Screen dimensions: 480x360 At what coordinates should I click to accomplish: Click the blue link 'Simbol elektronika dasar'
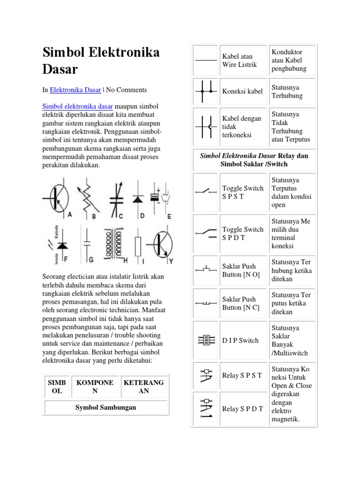(77, 106)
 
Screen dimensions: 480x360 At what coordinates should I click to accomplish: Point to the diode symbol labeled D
(137, 198)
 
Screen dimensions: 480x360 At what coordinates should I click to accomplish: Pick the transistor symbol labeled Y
(161, 243)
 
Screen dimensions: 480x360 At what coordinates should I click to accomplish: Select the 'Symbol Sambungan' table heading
(106, 407)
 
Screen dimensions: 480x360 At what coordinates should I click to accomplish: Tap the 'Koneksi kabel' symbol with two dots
(206, 91)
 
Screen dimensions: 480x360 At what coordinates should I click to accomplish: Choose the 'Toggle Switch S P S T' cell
(243, 192)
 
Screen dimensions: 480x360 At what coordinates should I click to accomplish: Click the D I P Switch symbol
(206, 340)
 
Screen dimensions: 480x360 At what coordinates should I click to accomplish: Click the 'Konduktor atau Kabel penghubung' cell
(288, 60)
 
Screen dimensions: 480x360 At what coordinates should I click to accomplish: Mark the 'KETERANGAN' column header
(143, 387)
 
